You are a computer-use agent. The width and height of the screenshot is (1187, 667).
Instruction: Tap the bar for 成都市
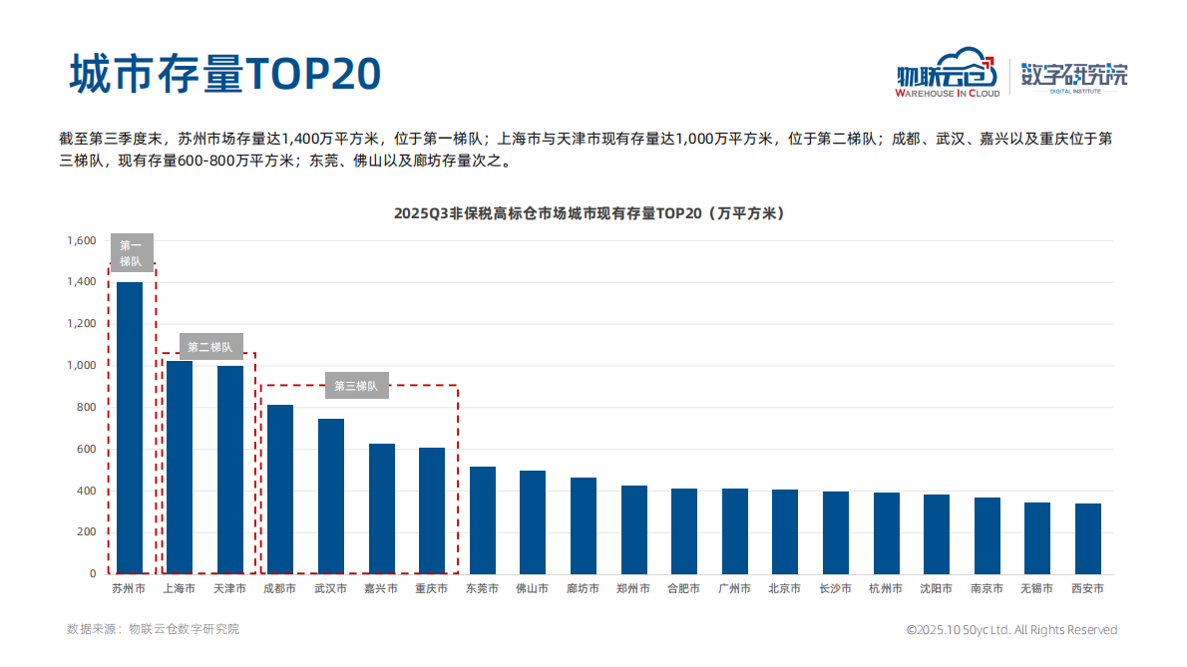280,489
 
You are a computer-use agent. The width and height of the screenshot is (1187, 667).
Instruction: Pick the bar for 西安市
1087,538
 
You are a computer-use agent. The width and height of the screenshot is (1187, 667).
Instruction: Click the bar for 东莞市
483,519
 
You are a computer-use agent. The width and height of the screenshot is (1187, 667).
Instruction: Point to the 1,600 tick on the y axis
81,240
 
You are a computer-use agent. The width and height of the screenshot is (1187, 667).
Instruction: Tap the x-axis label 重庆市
432,589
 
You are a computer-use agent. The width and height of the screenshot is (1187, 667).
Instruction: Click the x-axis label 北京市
785,589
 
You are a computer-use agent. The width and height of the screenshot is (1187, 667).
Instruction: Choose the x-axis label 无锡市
1036,589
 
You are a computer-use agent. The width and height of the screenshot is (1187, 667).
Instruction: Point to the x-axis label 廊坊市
584,589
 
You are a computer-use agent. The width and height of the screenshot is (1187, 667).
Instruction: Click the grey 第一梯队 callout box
132,253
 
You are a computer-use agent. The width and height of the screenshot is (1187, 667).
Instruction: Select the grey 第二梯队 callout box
209,347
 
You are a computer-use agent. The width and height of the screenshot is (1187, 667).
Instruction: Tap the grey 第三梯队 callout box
356,386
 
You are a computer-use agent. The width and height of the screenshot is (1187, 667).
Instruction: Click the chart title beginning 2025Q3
589,213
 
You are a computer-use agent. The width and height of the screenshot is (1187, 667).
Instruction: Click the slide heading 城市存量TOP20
224,73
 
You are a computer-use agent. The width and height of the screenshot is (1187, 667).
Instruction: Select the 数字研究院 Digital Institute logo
1074,76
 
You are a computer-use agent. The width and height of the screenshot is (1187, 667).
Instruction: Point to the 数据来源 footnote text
153,629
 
